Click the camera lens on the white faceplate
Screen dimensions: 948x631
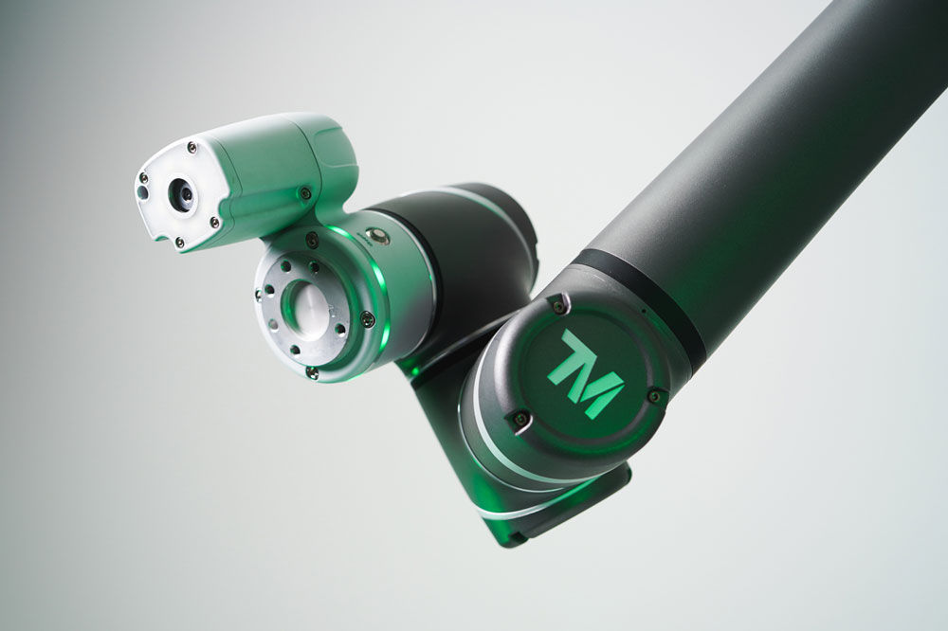point(181,193)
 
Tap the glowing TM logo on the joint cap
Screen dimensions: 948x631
point(584,374)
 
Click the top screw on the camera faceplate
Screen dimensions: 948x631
point(191,147)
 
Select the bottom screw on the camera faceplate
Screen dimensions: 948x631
point(179,243)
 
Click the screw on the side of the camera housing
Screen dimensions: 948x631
point(305,193)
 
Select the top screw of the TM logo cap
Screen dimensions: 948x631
point(558,306)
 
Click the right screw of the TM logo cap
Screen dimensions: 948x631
point(655,396)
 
